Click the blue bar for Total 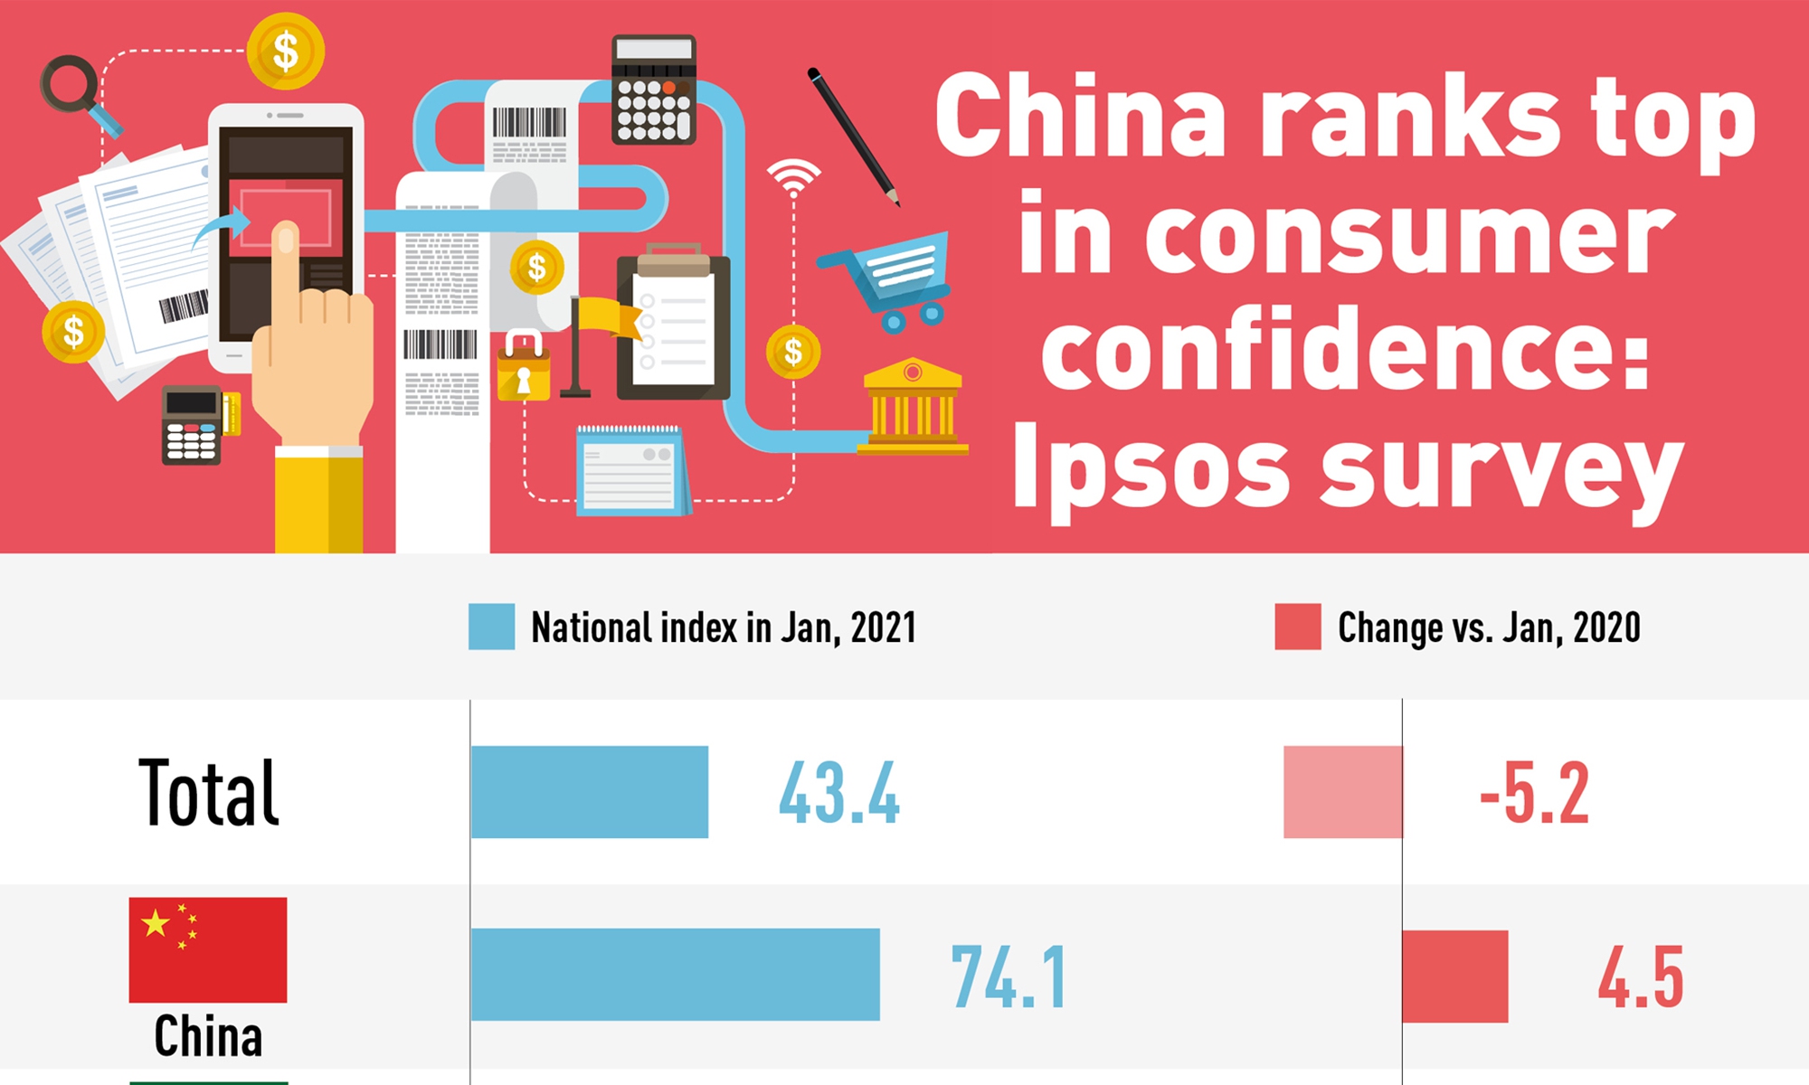point(590,792)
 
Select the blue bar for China point(676,975)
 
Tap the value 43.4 point(839,793)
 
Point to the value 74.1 point(1009,976)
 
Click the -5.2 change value point(1535,793)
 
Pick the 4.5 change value point(1641,976)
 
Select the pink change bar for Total point(1343,792)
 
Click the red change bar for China point(1455,976)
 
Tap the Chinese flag point(208,949)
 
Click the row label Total point(209,793)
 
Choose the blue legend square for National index point(492,627)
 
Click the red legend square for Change point(1298,627)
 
